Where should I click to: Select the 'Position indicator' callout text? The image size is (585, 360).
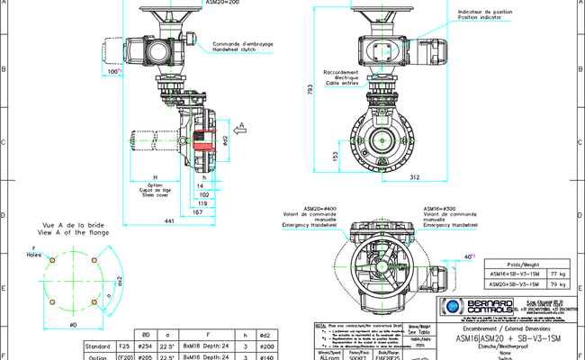click(x=482, y=17)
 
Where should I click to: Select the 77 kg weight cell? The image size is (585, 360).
click(x=554, y=272)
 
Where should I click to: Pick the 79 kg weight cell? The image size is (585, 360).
click(x=554, y=283)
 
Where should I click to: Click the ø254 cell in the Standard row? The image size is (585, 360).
click(x=143, y=345)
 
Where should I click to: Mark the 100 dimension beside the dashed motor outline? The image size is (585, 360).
click(x=113, y=70)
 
